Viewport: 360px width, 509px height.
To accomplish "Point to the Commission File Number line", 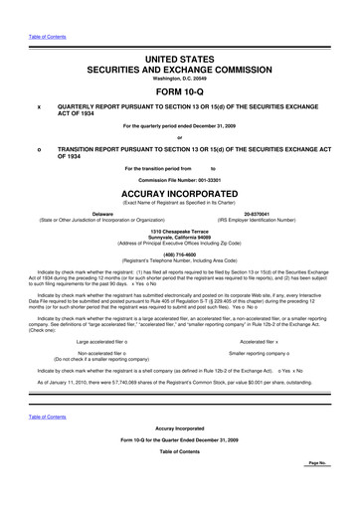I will pyautogui.click(x=180, y=178).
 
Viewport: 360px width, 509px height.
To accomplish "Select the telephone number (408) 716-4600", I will pyautogui.click(x=180, y=253).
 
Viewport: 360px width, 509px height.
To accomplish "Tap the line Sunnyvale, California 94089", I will pyautogui.click(x=180, y=237).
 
